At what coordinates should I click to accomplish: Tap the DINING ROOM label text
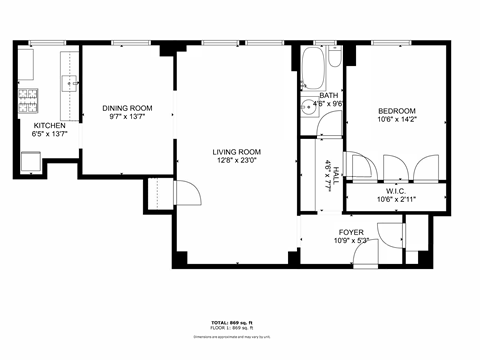pos(127,107)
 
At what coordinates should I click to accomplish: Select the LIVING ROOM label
pos(236,152)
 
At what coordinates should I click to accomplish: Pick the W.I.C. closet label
pos(394,190)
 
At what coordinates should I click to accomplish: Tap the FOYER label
pos(351,232)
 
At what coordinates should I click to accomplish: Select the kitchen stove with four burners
pos(26,99)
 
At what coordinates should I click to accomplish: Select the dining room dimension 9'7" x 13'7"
pos(127,116)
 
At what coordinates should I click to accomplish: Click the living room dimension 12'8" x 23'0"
pos(236,161)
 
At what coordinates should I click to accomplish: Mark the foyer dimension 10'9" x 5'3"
pos(351,241)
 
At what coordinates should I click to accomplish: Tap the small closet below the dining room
pos(158,192)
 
